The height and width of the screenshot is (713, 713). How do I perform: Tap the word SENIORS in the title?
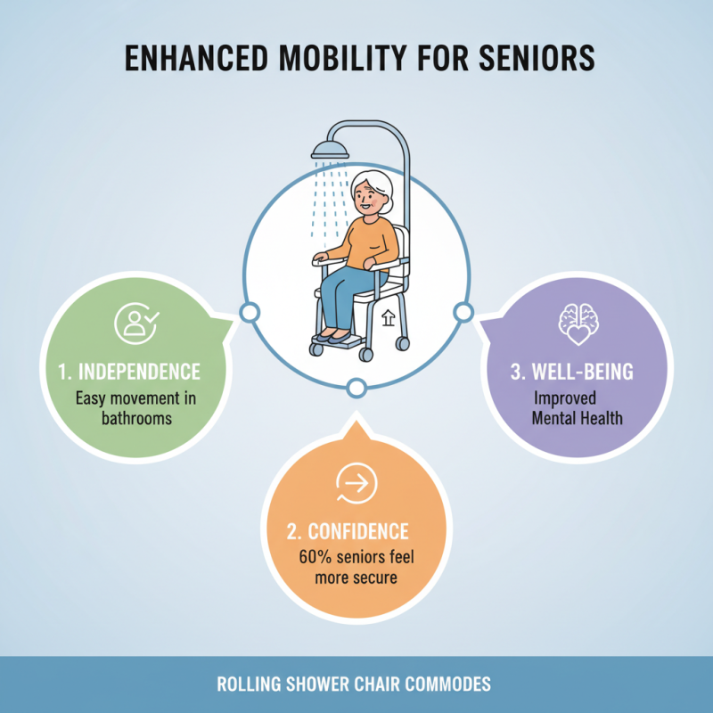[x=534, y=59]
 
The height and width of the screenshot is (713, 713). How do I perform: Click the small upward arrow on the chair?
[x=386, y=317]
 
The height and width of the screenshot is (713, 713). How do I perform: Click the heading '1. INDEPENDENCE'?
[x=136, y=371]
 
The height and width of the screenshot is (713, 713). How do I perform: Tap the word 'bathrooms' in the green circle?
[x=135, y=417]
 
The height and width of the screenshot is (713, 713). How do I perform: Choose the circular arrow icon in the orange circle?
[x=356, y=483]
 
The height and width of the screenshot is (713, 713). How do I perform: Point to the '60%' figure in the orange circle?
[x=317, y=559]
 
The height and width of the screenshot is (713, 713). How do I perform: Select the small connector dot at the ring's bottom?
[x=356, y=389]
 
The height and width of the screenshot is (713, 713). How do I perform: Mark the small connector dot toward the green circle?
[x=250, y=312]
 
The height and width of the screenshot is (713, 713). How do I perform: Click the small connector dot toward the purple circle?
[x=463, y=312]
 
